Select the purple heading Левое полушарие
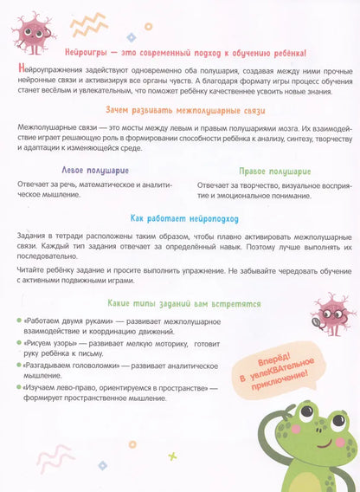pyautogui.click(x=92, y=172)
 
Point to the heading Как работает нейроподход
pyautogui.click(x=179, y=219)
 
